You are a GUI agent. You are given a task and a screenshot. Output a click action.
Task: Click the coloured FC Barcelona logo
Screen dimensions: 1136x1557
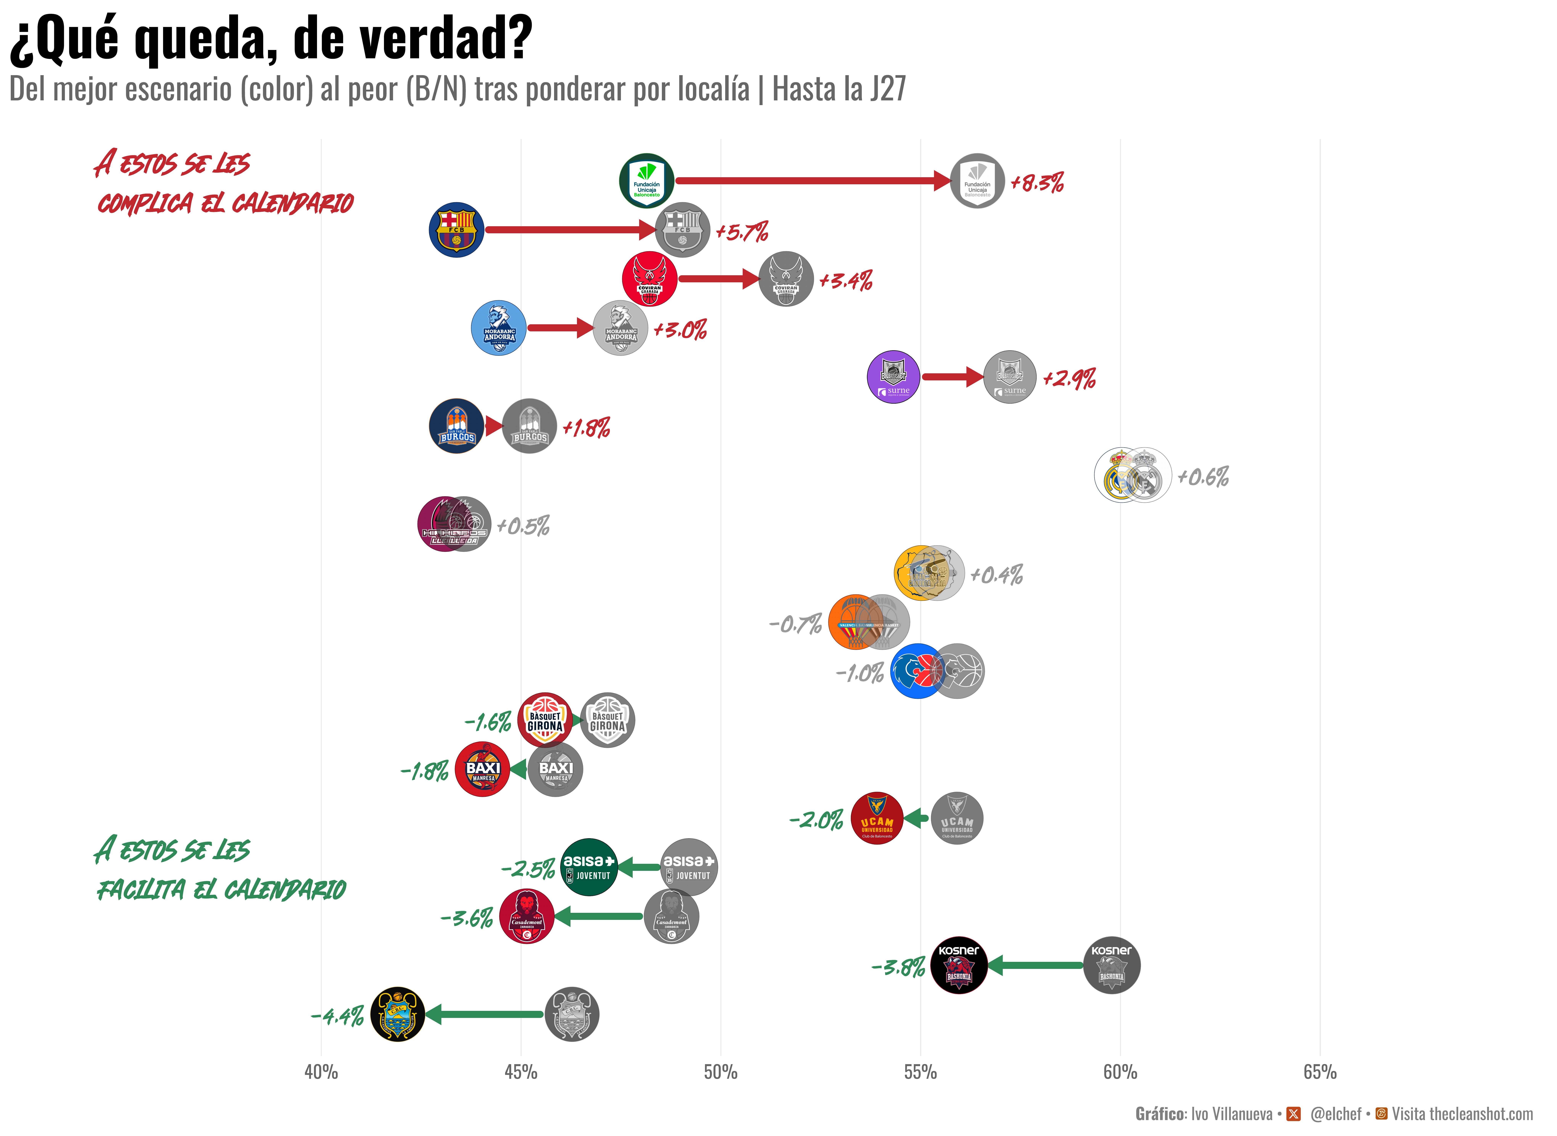tap(456, 230)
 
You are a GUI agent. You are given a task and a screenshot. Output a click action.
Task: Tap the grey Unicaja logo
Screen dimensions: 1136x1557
tap(977, 181)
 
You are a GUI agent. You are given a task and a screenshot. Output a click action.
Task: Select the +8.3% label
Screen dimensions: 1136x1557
tap(1037, 183)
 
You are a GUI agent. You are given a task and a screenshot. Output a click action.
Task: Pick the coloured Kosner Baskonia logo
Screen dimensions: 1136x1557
tap(959, 965)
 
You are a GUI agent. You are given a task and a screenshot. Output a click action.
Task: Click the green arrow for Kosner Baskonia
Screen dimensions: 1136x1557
tap(1035, 965)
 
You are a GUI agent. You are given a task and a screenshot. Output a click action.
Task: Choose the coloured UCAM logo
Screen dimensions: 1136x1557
tap(877, 818)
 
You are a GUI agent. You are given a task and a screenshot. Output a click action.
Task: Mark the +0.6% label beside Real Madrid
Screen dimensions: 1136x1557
tap(1203, 477)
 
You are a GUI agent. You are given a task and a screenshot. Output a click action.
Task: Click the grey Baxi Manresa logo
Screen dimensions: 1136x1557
tap(555, 770)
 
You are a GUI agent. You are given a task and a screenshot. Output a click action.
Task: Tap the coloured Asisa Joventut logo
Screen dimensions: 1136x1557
tap(589, 867)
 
